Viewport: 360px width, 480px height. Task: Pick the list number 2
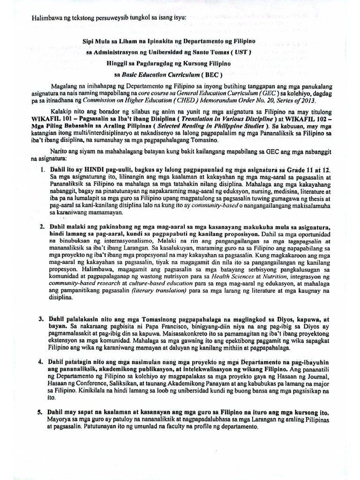pos(41,226)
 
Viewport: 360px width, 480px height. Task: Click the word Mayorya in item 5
pos(64,418)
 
